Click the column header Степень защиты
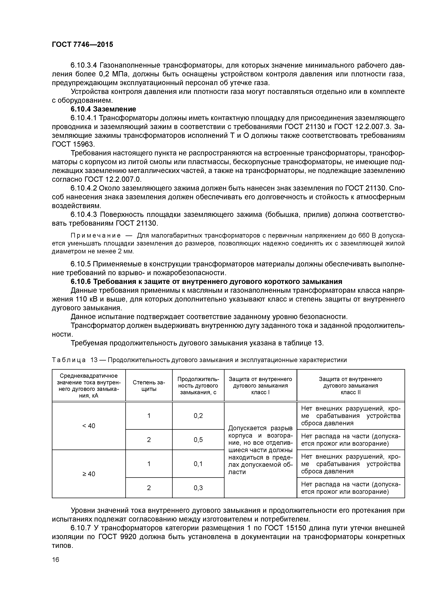pyautogui.click(x=149, y=386)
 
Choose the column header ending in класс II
pyautogui.click(x=351, y=386)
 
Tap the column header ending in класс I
pyautogui.click(x=260, y=386)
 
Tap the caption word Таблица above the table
pyautogui.click(x=69, y=360)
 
